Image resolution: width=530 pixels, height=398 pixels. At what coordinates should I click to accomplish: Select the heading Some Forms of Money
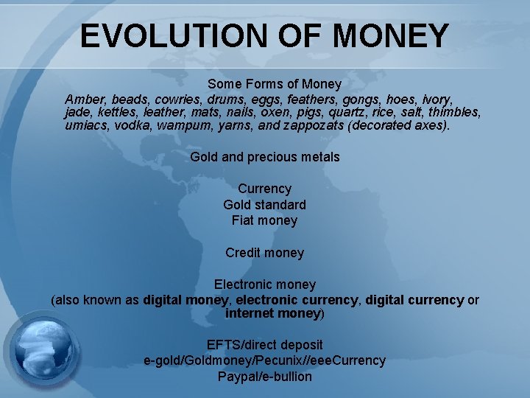[x=274, y=84]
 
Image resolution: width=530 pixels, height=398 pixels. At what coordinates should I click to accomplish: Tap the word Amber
[x=84, y=99]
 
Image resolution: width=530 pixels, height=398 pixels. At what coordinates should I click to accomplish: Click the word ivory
[x=436, y=99]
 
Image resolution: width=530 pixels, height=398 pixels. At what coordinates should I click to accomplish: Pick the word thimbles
[x=453, y=112]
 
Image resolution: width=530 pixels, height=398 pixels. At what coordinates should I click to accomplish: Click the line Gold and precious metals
[x=265, y=156]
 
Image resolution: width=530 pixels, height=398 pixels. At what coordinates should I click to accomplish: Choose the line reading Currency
[x=264, y=189]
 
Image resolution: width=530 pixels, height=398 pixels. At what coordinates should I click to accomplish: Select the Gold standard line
[x=264, y=204]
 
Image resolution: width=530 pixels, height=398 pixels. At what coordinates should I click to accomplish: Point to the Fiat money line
[x=264, y=220]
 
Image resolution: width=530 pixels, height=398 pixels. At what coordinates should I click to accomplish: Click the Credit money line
[x=264, y=253]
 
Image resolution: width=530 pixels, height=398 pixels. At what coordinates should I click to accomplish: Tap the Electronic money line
[x=264, y=284]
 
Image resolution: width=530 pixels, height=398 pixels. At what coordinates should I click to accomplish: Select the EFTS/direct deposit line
[x=264, y=344]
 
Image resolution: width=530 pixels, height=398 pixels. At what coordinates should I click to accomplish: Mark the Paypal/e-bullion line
[x=264, y=377]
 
